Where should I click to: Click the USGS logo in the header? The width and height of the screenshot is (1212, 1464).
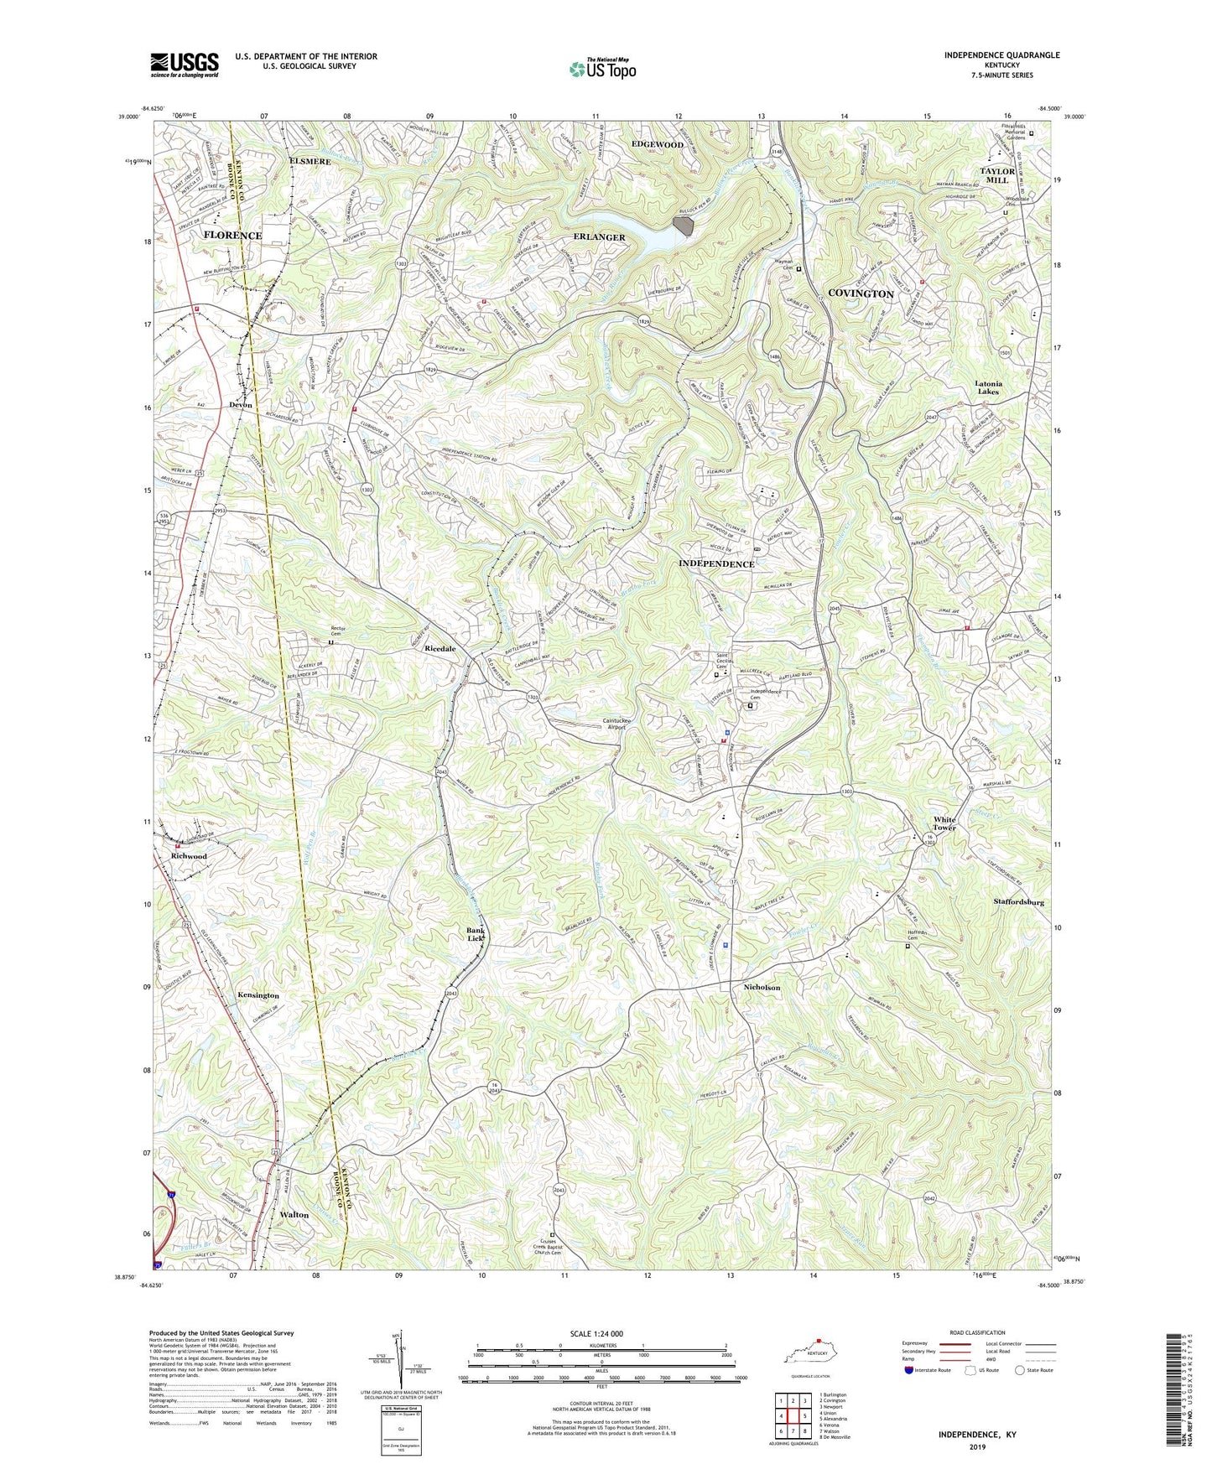185,64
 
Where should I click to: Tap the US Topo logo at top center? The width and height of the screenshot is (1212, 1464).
602,69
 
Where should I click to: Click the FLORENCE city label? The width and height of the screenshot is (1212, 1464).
232,236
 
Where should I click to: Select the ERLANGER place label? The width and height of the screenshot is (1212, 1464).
600,237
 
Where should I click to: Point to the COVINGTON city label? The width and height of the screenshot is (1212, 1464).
861,293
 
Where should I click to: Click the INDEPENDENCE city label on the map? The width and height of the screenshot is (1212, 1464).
715,564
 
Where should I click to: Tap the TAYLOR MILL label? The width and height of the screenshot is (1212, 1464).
997,175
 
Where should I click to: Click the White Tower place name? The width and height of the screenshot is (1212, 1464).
944,823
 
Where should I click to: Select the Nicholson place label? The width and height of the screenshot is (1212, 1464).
762,988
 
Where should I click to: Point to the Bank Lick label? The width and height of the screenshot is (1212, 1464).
476,934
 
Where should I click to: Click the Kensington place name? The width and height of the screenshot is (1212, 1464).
257,995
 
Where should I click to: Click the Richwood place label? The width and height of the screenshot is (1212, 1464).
189,856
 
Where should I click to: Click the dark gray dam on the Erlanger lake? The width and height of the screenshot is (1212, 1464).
684,225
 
